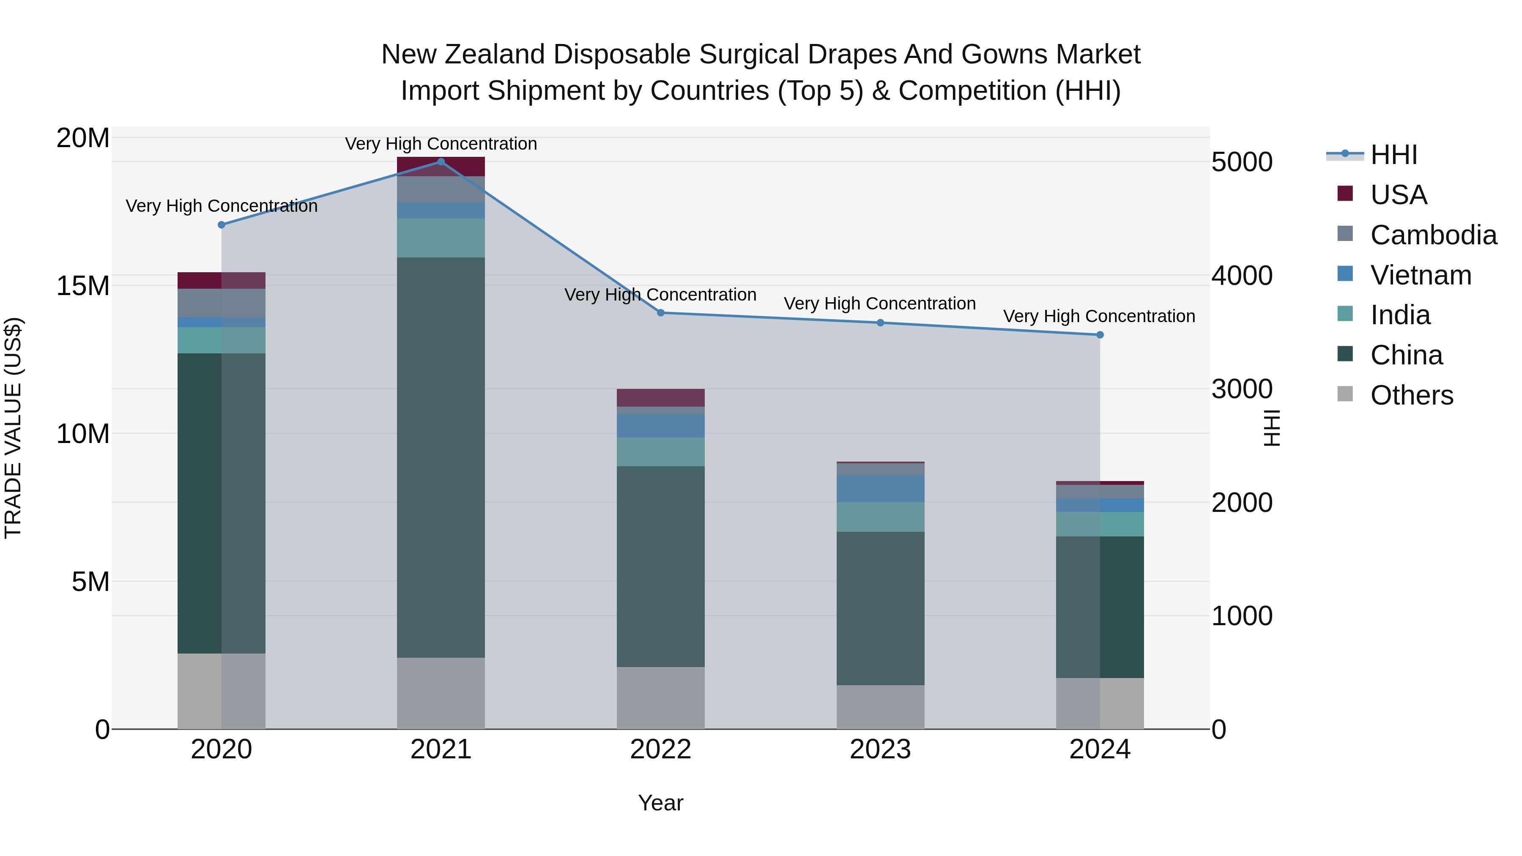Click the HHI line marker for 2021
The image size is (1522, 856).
click(x=441, y=161)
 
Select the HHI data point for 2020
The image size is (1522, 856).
click(x=222, y=225)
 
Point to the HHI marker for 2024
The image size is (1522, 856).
click(x=1100, y=335)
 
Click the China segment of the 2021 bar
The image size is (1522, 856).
click(x=441, y=458)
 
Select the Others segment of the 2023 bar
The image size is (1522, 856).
click(x=880, y=707)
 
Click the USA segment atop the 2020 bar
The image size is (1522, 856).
click(x=222, y=281)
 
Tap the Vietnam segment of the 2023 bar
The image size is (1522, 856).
click(x=880, y=489)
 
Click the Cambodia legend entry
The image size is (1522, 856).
click(x=1433, y=235)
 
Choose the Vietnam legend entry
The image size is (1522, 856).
click(x=1421, y=275)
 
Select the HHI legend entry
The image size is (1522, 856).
click(x=1393, y=155)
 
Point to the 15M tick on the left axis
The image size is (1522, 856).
click(x=83, y=286)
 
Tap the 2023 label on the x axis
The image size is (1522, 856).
click(x=880, y=749)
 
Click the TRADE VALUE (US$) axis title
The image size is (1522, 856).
click(x=13, y=428)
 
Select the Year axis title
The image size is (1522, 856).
click(x=660, y=803)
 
